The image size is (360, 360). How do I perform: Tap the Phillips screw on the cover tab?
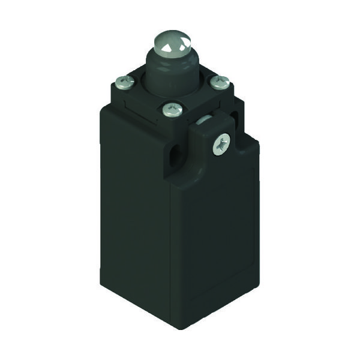(221, 143)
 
